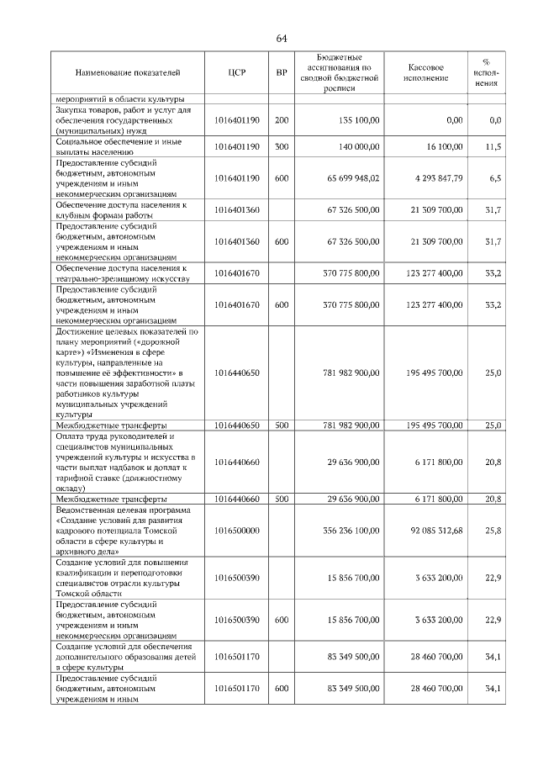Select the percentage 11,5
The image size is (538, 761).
click(494, 146)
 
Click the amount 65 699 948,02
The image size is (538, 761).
click(346, 178)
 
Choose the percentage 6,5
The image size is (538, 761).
click(495, 178)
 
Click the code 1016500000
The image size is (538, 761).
click(236, 531)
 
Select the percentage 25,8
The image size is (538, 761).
click(494, 531)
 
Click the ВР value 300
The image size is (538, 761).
click(282, 146)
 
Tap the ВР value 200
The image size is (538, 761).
click(282, 120)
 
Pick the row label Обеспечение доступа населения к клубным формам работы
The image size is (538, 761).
click(120, 209)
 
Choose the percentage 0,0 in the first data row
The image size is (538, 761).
click(495, 120)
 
